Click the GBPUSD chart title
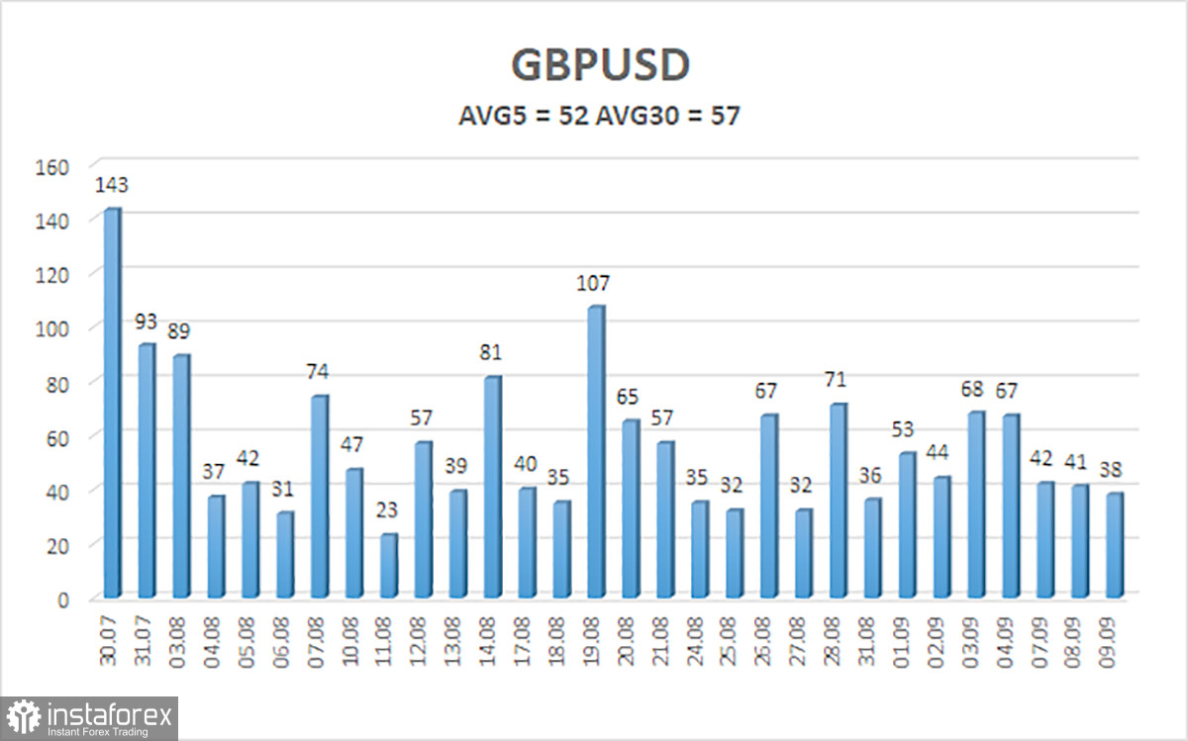click(600, 65)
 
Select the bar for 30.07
click(113, 403)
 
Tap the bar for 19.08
click(596, 451)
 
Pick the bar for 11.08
click(389, 566)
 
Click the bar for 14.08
click(493, 487)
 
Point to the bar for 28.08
click(839, 501)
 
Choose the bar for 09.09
click(1115, 545)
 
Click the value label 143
click(111, 185)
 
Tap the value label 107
click(593, 284)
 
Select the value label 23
click(387, 510)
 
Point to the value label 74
click(317, 372)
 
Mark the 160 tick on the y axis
click(51, 167)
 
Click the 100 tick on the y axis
click(51, 329)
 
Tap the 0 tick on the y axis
click(63, 601)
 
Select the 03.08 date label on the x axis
click(177, 642)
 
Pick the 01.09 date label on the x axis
click(902, 642)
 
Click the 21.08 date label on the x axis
click(660, 642)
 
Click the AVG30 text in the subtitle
click(638, 116)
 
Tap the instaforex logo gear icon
click(24, 717)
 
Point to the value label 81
click(490, 352)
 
